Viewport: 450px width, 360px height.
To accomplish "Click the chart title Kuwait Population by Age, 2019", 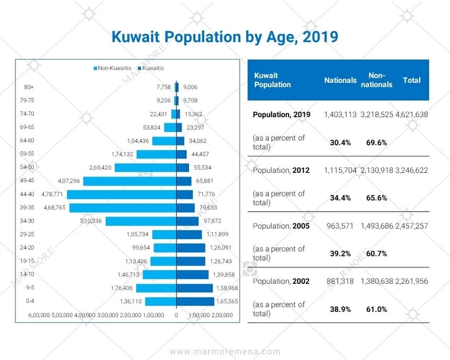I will click(224, 37).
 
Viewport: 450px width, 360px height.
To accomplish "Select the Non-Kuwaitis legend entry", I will click(112, 68).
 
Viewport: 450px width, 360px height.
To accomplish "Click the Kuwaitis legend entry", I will click(150, 68).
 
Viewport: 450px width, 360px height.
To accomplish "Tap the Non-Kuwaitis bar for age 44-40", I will click(121, 195).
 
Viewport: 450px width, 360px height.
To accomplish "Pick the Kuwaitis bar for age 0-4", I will click(195, 302).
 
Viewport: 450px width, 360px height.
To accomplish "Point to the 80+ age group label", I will click(29, 87).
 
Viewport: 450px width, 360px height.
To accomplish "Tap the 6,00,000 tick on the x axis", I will click(40, 315).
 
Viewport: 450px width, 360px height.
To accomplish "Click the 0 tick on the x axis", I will click(176, 315).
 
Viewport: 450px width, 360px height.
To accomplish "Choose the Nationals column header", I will click(340, 81).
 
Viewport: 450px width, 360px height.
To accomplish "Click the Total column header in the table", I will click(412, 81).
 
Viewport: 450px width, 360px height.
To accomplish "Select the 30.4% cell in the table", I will click(340, 143).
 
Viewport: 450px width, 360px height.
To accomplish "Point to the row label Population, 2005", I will click(281, 226).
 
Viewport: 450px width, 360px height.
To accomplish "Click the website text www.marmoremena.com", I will click(225, 351).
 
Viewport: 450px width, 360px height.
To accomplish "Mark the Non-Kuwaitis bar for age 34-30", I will click(140, 221).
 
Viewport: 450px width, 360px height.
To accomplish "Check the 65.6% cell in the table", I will click(377, 198).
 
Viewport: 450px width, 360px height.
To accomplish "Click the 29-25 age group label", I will click(27, 235).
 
